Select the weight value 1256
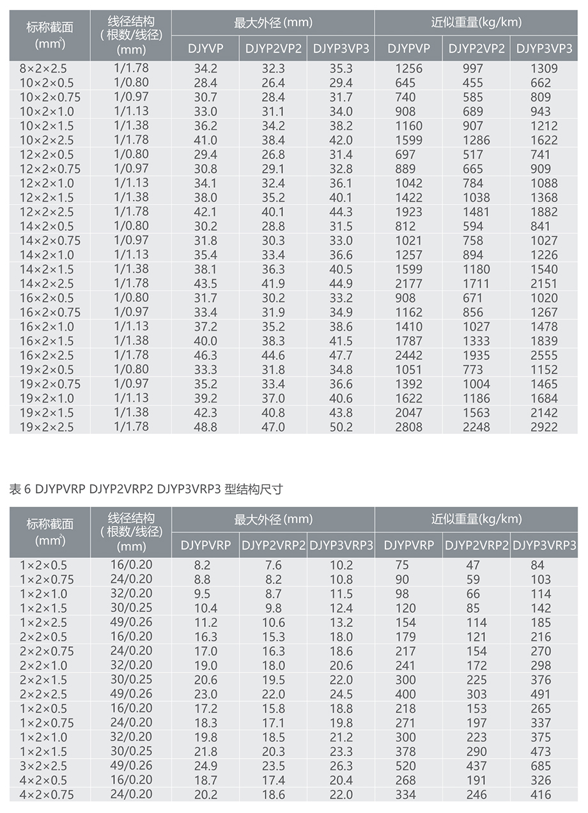pos(408,68)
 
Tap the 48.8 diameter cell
pos(205,427)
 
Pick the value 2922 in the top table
pos(544,427)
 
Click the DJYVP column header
pos(205,49)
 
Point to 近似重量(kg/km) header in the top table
pos(476,23)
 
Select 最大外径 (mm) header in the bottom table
pos(273,520)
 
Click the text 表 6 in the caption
pos(20,490)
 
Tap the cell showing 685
pos(541,766)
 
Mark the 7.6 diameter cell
pos(273,566)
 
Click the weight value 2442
pos(408,355)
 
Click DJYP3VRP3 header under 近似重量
pos(545,545)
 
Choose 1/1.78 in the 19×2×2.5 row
pos(132,426)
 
